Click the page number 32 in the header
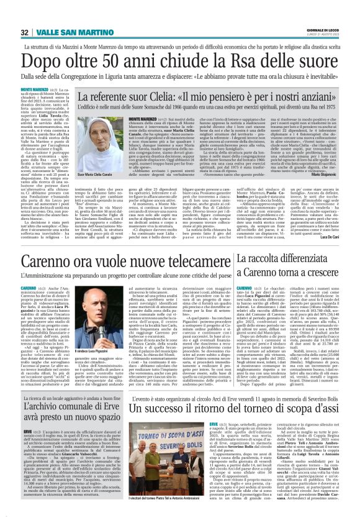[25, 32]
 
